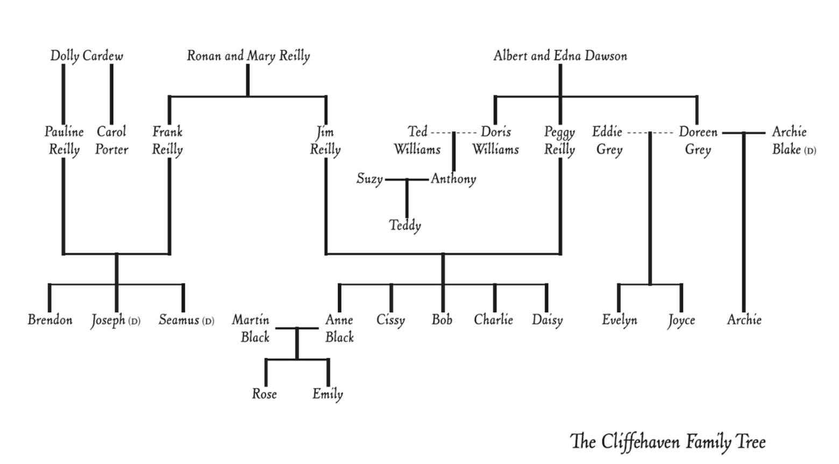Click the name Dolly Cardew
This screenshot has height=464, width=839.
click(87, 56)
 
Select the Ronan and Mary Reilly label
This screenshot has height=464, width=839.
click(248, 56)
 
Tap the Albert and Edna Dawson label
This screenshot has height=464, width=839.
click(560, 56)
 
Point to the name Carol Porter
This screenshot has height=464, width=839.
click(112, 140)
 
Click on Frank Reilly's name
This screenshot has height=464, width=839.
click(167, 140)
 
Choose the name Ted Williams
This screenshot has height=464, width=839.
click(417, 140)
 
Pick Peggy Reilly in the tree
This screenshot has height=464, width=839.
click(559, 140)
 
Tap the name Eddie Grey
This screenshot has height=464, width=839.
click(608, 140)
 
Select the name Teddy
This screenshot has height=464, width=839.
click(405, 226)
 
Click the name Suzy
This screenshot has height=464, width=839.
click(369, 179)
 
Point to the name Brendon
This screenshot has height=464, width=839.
click(50, 320)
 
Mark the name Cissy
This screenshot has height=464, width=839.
click(390, 320)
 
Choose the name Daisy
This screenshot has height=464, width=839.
click(547, 320)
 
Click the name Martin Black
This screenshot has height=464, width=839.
click(252, 328)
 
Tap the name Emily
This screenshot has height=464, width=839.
click(328, 394)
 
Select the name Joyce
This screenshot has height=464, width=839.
click(681, 320)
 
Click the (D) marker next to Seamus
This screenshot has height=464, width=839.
click(208, 321)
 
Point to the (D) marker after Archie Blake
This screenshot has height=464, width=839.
click(809, 151)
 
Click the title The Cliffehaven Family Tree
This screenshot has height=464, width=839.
click(667, 442)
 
